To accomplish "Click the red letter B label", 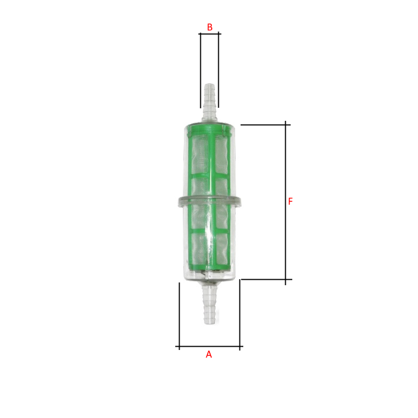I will [210, 27].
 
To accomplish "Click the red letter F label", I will [290, 201].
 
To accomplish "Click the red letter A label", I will [208, 354].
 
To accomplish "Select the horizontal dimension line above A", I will [210, 346].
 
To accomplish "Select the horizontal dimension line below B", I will [210, 34].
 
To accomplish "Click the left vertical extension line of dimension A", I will [179, 316].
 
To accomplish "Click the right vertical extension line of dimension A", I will [239, 313].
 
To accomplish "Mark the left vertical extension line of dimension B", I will [200, 71].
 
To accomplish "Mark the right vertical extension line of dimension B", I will [219, 71].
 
